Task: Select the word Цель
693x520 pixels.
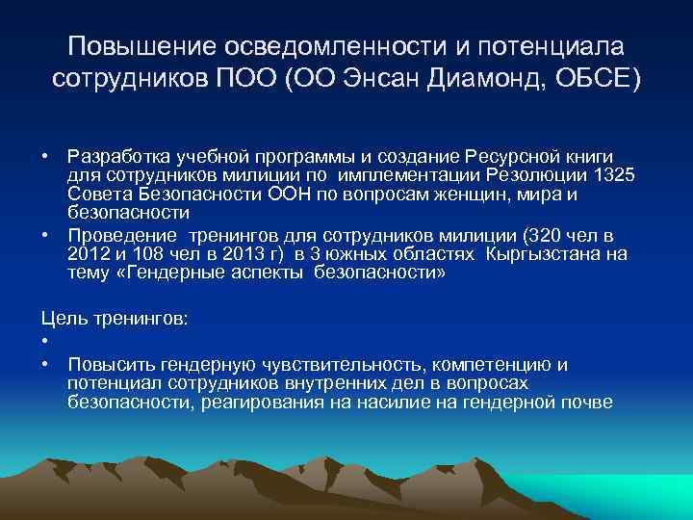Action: point(61,319)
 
